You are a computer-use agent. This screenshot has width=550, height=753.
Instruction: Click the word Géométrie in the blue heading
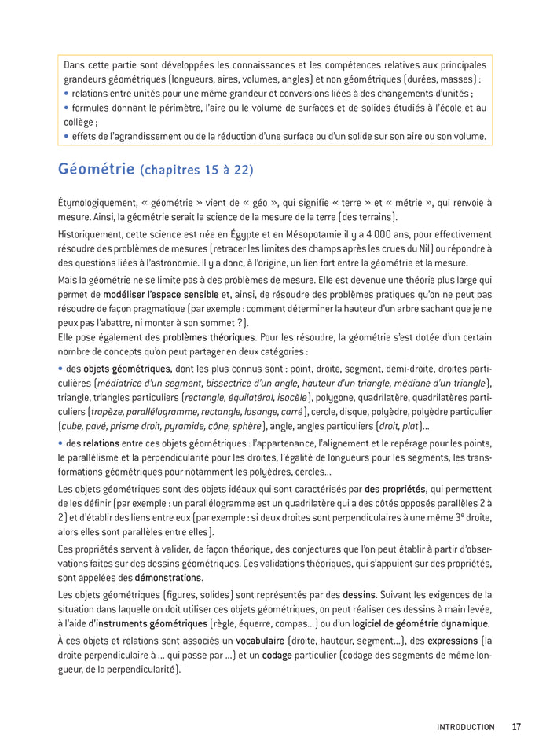point(95,169)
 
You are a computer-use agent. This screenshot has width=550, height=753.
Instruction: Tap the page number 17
point(516,727)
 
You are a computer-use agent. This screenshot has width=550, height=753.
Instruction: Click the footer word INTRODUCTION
point(466,727)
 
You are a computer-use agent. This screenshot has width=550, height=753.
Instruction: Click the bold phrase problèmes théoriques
point(197,338)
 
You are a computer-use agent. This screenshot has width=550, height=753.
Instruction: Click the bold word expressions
point(452,641)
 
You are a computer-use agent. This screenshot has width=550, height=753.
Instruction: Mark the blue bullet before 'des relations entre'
point(60,443)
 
